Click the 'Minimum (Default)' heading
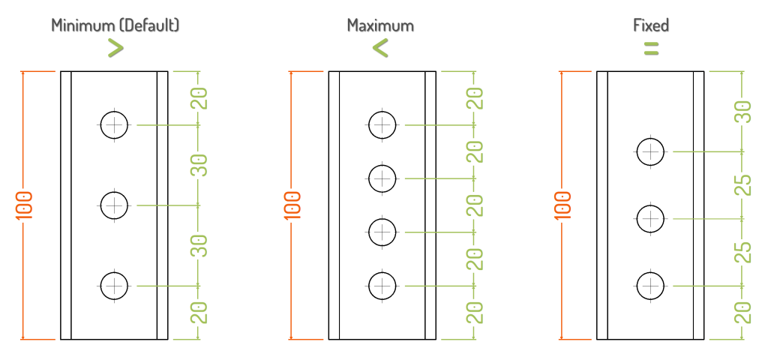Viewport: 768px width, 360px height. tap(115, 25)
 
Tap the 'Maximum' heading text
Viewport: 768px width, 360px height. tap(380, 25)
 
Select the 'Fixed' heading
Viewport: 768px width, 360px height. tap(651, 25)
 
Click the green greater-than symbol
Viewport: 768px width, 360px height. tap(115, 48)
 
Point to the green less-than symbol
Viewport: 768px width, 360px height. tap(380, 49)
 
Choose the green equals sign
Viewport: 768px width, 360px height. tap(651, 49)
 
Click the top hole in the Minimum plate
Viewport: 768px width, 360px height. tap(114, 125)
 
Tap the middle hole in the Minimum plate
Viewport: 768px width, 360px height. tap(114, 204)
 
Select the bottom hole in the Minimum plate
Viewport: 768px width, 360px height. tap(114, 285)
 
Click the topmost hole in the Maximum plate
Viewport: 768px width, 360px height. tap(382, 124)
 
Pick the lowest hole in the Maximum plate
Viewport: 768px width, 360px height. tap(382, 285)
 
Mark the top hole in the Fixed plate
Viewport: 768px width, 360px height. tap(650, 151)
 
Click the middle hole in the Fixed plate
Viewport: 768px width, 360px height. tap(650, 219)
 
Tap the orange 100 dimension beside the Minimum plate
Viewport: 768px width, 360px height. tap(24, 205)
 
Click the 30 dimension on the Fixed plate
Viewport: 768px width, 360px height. tap(742, 112)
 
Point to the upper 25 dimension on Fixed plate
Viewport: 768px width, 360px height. tap(742, 185)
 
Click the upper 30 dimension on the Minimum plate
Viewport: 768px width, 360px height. tap(199, 165)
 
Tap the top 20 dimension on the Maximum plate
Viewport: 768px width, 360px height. tap(475, 98)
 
